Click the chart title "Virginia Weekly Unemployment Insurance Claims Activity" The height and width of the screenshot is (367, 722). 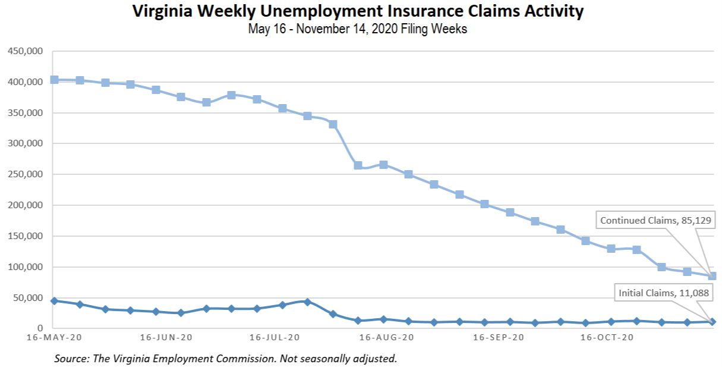click(x=358, y=11)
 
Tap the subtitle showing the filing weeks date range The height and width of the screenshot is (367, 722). click(x=358, y=29)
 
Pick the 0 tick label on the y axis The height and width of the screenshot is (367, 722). click(x=40, y=328)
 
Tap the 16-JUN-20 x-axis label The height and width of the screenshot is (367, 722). click(x=166, y=338)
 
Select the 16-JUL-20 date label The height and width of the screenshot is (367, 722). click(x=275, y=338)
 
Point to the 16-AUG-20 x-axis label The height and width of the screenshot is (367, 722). click(x=386, y=338)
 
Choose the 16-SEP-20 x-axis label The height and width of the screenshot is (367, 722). click(x=498, y=338)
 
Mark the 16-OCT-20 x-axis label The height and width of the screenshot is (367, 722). click(x=607, y=338)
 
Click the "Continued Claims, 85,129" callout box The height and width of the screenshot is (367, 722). click(x=655, y=221)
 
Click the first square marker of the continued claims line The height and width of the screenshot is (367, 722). click(x=54, y=80)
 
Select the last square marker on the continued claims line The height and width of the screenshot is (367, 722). click(x=712, y=276)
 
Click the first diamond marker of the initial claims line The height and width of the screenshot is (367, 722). click(x=54, y=301)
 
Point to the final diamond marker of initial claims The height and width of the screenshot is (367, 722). click(x=712, y=322)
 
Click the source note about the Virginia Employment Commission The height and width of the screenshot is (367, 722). click(x=225, y=359)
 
